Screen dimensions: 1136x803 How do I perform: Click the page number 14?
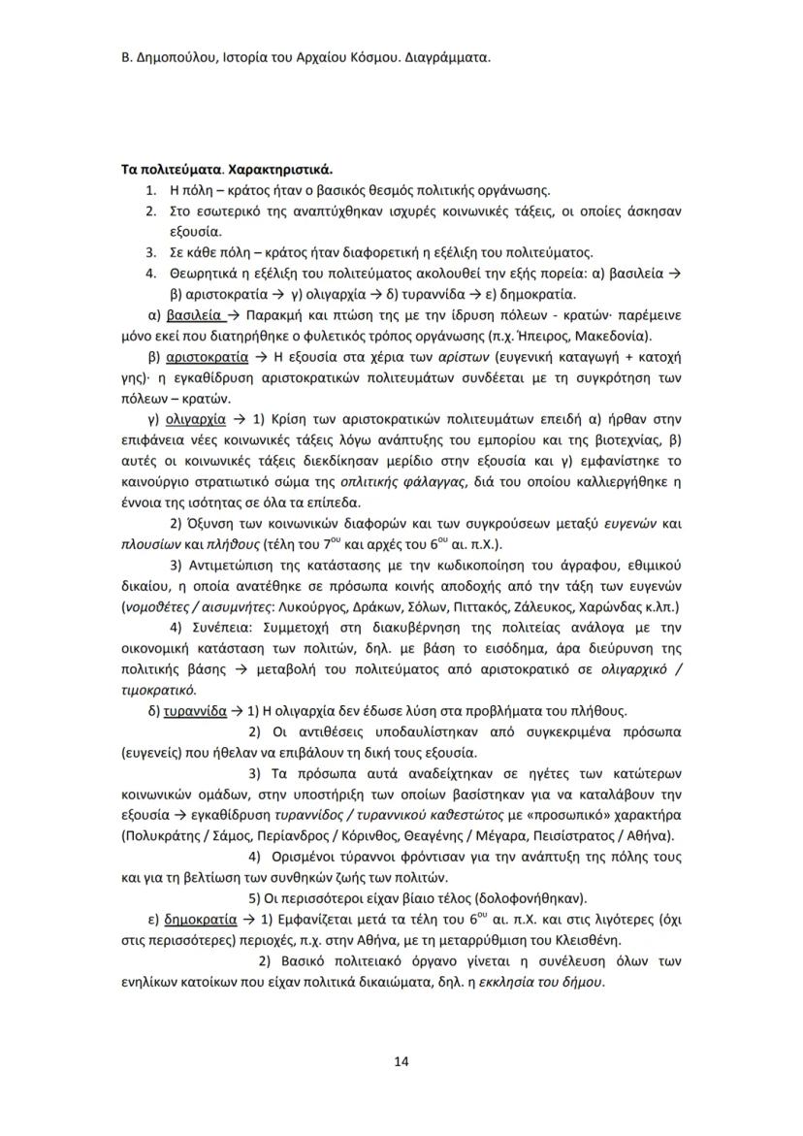coord(401,1061)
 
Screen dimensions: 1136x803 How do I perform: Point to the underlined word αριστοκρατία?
coord(209,357)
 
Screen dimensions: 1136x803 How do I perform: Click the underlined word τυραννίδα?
coord(195,709)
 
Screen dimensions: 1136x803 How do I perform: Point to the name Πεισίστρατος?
coord(573,835)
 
